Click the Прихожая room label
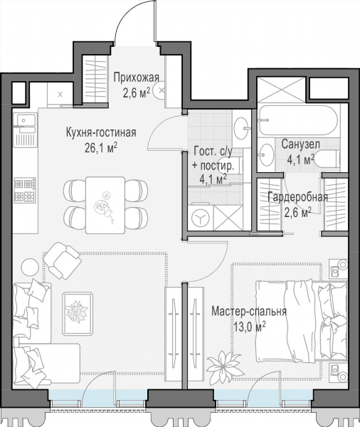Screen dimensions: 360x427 136,78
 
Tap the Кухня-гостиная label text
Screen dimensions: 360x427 101,132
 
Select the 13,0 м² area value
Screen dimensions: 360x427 250,327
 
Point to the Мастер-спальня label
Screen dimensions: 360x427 249,312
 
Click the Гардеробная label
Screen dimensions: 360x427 297,197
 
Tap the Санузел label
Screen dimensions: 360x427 301,144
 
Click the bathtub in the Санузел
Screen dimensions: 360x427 298,120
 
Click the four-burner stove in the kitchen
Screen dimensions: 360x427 25,190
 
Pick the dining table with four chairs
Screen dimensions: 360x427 105,205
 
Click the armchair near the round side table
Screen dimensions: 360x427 63,260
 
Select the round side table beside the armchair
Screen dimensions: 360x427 30,267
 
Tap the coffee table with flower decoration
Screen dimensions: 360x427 78,313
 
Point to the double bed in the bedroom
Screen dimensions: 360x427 302,322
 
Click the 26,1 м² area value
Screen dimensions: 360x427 101,148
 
